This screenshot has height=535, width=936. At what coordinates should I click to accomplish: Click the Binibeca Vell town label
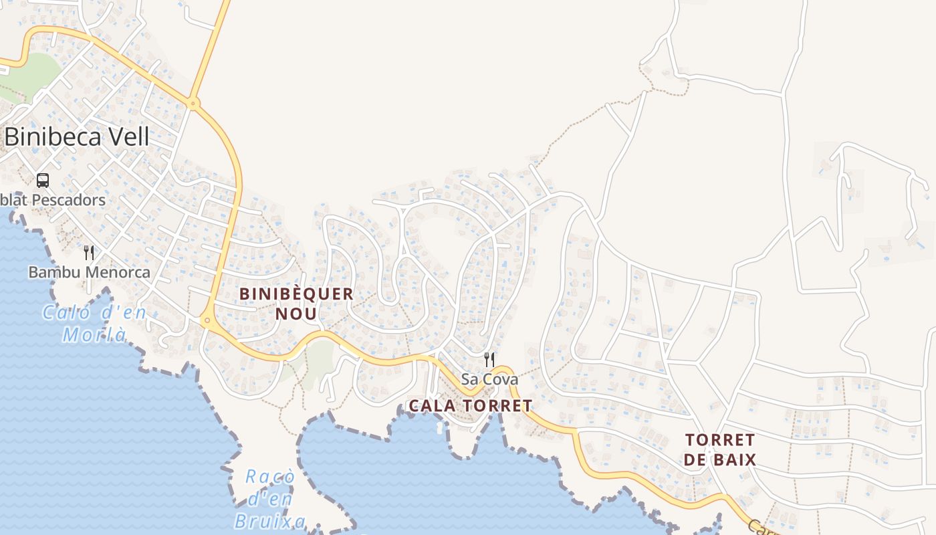pyautogui.click(x=76, y=136)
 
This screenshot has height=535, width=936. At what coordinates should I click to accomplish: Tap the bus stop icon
pyautogui.click(x=43, y=181)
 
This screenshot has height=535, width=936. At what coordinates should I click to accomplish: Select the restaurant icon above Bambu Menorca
pyautogui.click(x=89, y=253)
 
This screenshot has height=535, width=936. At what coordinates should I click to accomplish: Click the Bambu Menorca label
pyautogui.click(x=89, y=272)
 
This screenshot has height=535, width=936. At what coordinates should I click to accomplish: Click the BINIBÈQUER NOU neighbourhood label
pyautogui.click(x=296, y=304)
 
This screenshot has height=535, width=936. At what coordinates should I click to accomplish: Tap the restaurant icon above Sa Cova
pyautogui.click(x=489, y=360)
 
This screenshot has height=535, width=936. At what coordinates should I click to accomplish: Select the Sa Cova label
pyautogui.click(x=489, y=379)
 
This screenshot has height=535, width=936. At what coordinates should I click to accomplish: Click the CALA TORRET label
pyautogui.click(x=470, y=405)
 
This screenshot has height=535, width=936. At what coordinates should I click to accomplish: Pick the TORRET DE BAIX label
pyautogui.click(x=720, y=450)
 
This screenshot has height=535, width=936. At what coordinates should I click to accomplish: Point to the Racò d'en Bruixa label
pyautogui.click(x=270, y=499)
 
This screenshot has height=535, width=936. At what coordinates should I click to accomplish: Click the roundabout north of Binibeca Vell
pyautogui.click(x=193, y=104)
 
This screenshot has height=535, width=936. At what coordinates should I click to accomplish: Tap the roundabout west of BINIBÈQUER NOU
pyautogui.click(x=207, y=321)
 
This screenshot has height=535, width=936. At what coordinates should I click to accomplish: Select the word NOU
pyautogui.click(x=296, y=314)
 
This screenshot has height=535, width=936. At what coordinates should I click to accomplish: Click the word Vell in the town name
pyautogui.click(x=125, y=136)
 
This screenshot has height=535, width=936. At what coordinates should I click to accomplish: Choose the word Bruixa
pyautogui.click(x=270, y=521)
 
